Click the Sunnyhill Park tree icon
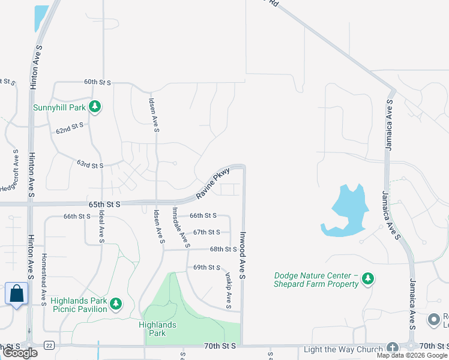coord(94,107)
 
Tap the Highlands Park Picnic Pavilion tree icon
coord(115,305)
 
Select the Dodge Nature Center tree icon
coord(368,278)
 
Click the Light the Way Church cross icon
coord(392,348)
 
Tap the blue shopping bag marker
coord(16,294)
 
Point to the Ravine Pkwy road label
coord(213,184)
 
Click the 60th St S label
coord(98,82)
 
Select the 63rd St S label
coord(90,164)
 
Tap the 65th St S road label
coord(104,205)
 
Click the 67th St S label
coord(206,232)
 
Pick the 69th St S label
coord(206,267)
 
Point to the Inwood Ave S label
coord(244,255)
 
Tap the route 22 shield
coord(49,345)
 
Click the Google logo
coord(20,353)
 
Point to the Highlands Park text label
coord(157,329)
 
